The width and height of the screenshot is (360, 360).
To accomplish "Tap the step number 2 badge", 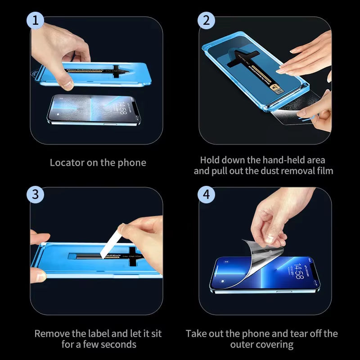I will click(207, 21).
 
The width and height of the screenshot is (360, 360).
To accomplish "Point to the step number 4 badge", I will click(207, 194).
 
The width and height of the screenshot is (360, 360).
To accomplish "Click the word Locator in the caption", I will click(66, 162).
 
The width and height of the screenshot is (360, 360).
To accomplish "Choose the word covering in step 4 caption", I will click(275, 345).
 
